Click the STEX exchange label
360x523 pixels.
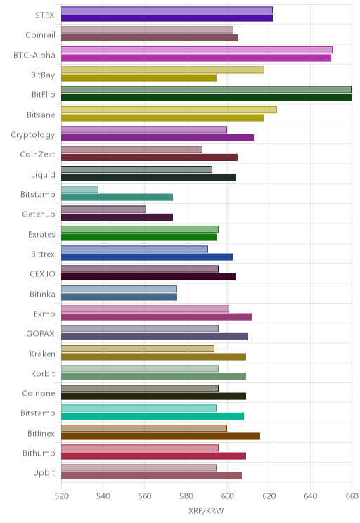click(45, 15)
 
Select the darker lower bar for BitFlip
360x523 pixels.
click(206, 98)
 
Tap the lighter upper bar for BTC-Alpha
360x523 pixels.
click(197, 50)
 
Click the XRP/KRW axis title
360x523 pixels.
click(206, 510)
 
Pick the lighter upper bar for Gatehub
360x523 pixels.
click(104, 209)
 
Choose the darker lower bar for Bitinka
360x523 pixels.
click(119, 297)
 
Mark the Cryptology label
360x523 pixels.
click(33, 135)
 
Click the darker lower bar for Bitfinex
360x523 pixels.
click(160, 436)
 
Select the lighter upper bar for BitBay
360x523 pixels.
click(163, 70)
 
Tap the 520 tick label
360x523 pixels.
click(61, 496)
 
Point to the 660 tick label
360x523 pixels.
click(352, 496)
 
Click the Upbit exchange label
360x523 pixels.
click(44, 473)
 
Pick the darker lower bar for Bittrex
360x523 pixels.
click(147, 257)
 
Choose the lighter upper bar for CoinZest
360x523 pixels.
click(131, 150)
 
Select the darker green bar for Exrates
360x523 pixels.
click(139, 237)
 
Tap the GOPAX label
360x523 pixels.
click(40, 333)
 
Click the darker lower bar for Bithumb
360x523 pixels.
click(153, 456)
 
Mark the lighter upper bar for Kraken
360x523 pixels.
click(138, 349)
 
